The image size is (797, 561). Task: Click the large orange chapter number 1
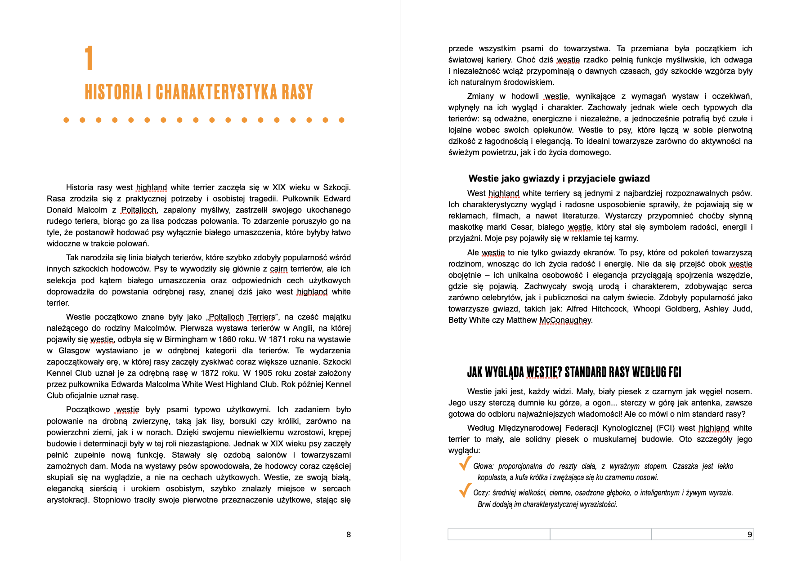coord(89,58)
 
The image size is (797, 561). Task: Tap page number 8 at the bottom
coord(349,534)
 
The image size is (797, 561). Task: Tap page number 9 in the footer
coord(749,534)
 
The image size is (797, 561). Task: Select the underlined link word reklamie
coord(586,238)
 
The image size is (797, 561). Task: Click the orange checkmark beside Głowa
coord(465,463)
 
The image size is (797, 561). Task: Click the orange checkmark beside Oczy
coord(465,490)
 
